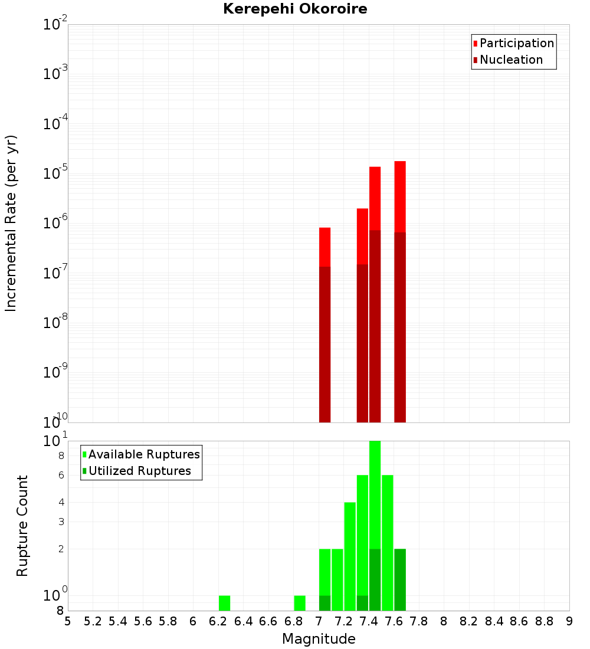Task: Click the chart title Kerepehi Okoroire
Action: point(295,9)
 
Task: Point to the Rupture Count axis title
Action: point(22,525)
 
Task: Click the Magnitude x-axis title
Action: point(319,639)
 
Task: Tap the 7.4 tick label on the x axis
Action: point(369,621)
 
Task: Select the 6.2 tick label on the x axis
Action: point(218,621)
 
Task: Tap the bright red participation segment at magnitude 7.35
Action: point(362,236)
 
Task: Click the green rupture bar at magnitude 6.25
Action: point(224,603)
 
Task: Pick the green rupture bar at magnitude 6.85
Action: point(300,603)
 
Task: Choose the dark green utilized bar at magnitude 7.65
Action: point(400,579)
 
